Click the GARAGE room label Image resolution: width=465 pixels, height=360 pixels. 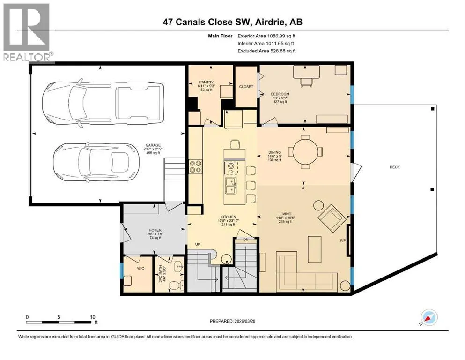point(153,145)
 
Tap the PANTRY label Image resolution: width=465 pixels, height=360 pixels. point(207,82)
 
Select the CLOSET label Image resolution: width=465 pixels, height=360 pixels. point(246,87)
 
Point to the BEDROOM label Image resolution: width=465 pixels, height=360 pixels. point(280,94)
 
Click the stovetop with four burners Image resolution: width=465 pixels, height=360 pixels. point(195,166)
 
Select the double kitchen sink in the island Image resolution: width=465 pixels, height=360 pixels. point(231,186)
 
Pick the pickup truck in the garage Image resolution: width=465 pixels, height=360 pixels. point(103,103)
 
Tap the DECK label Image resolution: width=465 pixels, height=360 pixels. point(395,167)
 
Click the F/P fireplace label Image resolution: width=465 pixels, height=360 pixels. point(343,240)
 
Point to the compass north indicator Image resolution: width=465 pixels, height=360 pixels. point(428,317)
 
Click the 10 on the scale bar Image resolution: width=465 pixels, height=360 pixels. point(93,317)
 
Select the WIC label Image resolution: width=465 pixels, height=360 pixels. point(140,268)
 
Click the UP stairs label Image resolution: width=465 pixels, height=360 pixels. point(198,244)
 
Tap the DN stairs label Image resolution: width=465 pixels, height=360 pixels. point(246,240)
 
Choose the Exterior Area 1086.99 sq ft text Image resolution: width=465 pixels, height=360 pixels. point(266,36)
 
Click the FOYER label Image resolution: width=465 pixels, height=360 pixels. point(155,230)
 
